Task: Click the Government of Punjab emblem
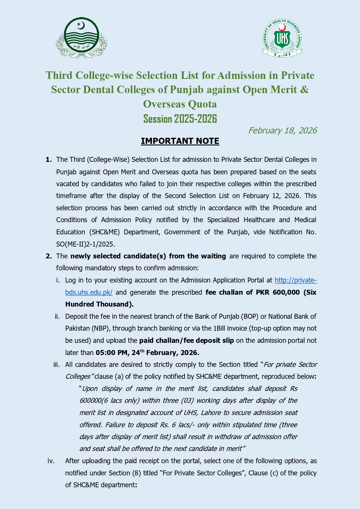82,38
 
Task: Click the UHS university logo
282,38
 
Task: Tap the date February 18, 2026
282,131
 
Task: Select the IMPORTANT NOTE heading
180,141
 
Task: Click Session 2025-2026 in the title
180,119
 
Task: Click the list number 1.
49,160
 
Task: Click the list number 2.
49,256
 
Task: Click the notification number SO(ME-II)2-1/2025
86,244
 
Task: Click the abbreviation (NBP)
101,328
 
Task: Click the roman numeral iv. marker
51,461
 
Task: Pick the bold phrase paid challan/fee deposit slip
187,340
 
